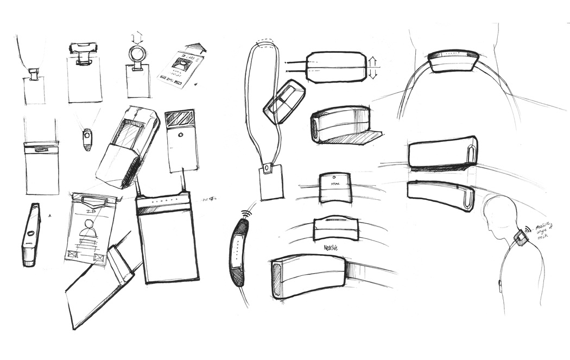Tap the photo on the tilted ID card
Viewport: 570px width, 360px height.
[179, 65]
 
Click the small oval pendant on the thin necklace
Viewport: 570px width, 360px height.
[87, 138]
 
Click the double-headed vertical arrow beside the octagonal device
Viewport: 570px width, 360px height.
[373, 67]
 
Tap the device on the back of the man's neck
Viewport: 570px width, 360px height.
[521, 238]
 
